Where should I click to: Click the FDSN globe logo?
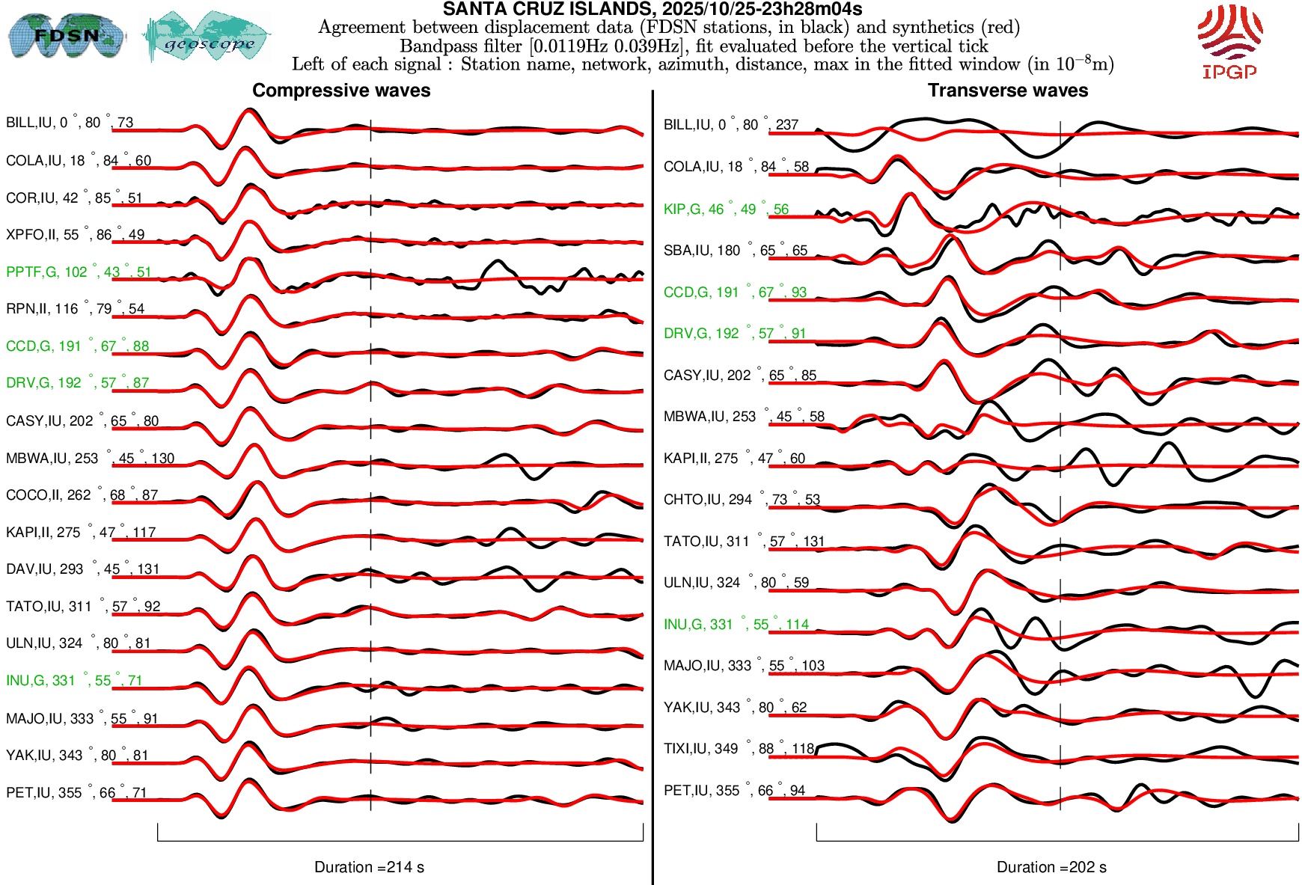tap(66, 36)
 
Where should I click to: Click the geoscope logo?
tap(207, 37)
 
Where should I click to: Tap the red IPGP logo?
tap(1229, 42)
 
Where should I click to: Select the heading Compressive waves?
tap(341, 91)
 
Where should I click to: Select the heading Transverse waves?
tap(1008, 91)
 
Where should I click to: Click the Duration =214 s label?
tap(369, 867)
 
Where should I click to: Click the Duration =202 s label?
tap(1051, 867)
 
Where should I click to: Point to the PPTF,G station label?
tap(79, 272)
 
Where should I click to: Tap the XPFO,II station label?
tap(75, 235)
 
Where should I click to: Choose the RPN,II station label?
tap(75, 309)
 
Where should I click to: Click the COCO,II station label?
tap(82, 495)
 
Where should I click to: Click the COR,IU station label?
tap(73, 198)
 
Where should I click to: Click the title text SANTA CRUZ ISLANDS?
tap(652, 9)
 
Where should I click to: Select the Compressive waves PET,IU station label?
tap(76, 793)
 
